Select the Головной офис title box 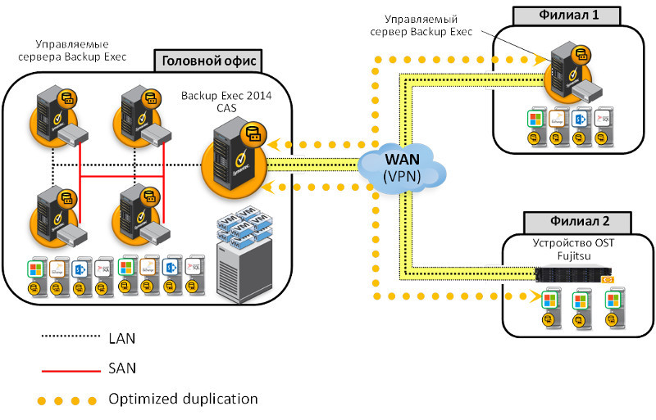(208, 61)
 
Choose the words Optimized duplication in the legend (183, 399)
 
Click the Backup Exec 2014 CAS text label (226, 101)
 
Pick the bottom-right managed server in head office (139, 213)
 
